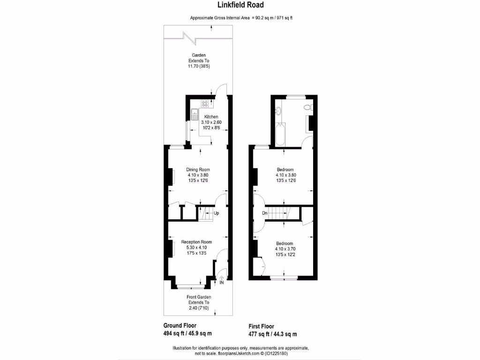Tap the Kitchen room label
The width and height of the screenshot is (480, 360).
tap(211, 117)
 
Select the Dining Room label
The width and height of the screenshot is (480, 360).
tap(198, 170)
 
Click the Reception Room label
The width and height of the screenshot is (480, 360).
tap(196, 242)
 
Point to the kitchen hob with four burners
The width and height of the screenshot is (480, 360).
tap(205, 104)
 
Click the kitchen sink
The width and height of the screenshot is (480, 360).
tap(194, 112)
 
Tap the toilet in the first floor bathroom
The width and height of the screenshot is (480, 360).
tap(307, 108)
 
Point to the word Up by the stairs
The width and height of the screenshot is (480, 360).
tap(216, 213)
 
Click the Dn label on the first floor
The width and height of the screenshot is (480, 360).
tap(265, 213)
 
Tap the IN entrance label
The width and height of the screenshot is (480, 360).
tap(222, 283)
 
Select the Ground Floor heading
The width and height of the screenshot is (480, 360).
tap(180, 325)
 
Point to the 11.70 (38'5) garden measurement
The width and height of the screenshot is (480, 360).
tap(198, 67)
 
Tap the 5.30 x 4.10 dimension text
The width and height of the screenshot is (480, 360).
tap(196, 247)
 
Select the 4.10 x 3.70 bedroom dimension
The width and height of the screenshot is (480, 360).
tap(285, 249)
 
